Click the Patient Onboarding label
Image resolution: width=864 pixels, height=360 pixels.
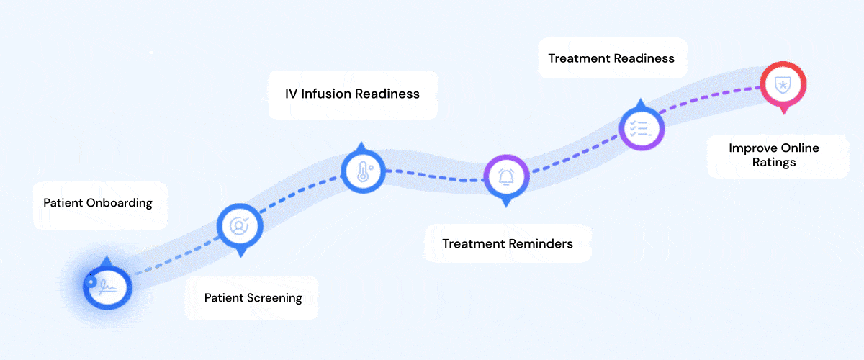click(x=98, y=203)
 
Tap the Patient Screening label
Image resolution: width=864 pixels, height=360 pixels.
click(x=253, y=298)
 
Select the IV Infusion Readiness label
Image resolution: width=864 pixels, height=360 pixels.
click(x=352, y=94)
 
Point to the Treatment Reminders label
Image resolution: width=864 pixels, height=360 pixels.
click(x=508, y=243)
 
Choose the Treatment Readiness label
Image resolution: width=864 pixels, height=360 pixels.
click(x=611, y=58)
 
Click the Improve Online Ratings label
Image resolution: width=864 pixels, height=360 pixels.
click(x=773, y=156)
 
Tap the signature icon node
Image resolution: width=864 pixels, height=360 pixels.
click(x=107, y=287)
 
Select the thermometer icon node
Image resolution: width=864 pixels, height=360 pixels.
click(x=362, y=172)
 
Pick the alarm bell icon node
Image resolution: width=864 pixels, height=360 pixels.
click(x=506, y=176)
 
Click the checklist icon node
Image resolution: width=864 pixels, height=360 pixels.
click(x=641, y=129)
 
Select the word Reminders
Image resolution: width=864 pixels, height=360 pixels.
click(x=541, y=243)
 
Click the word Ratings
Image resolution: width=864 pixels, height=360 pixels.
click(x=773, y=163)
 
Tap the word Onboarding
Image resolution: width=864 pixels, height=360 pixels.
click(x=119, y=203)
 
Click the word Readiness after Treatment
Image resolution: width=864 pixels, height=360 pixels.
click(x=644, y=58)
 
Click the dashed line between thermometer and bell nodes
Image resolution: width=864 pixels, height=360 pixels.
click(x=432, y=176)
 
